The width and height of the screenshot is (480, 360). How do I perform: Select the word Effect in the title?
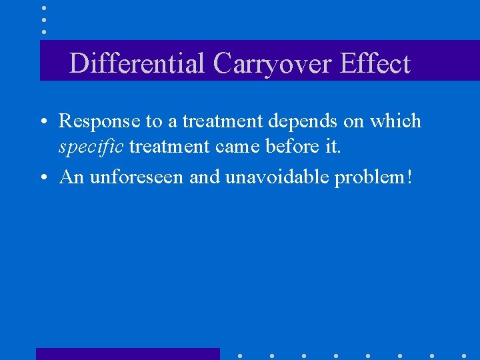(x=375, y=64)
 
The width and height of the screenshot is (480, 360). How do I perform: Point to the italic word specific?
(x=91, y=147)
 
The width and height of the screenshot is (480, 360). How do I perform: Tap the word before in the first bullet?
(x=291, y=147)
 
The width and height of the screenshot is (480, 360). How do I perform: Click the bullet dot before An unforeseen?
(x=43, y=178)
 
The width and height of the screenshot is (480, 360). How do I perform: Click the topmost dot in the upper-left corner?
(x=44, y=8)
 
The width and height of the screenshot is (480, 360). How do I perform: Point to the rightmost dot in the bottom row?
(x=464, y=356)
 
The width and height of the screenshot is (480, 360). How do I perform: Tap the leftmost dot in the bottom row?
(x=239, y=356)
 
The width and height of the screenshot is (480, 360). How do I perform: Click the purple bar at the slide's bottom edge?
(x=127, y=354)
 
